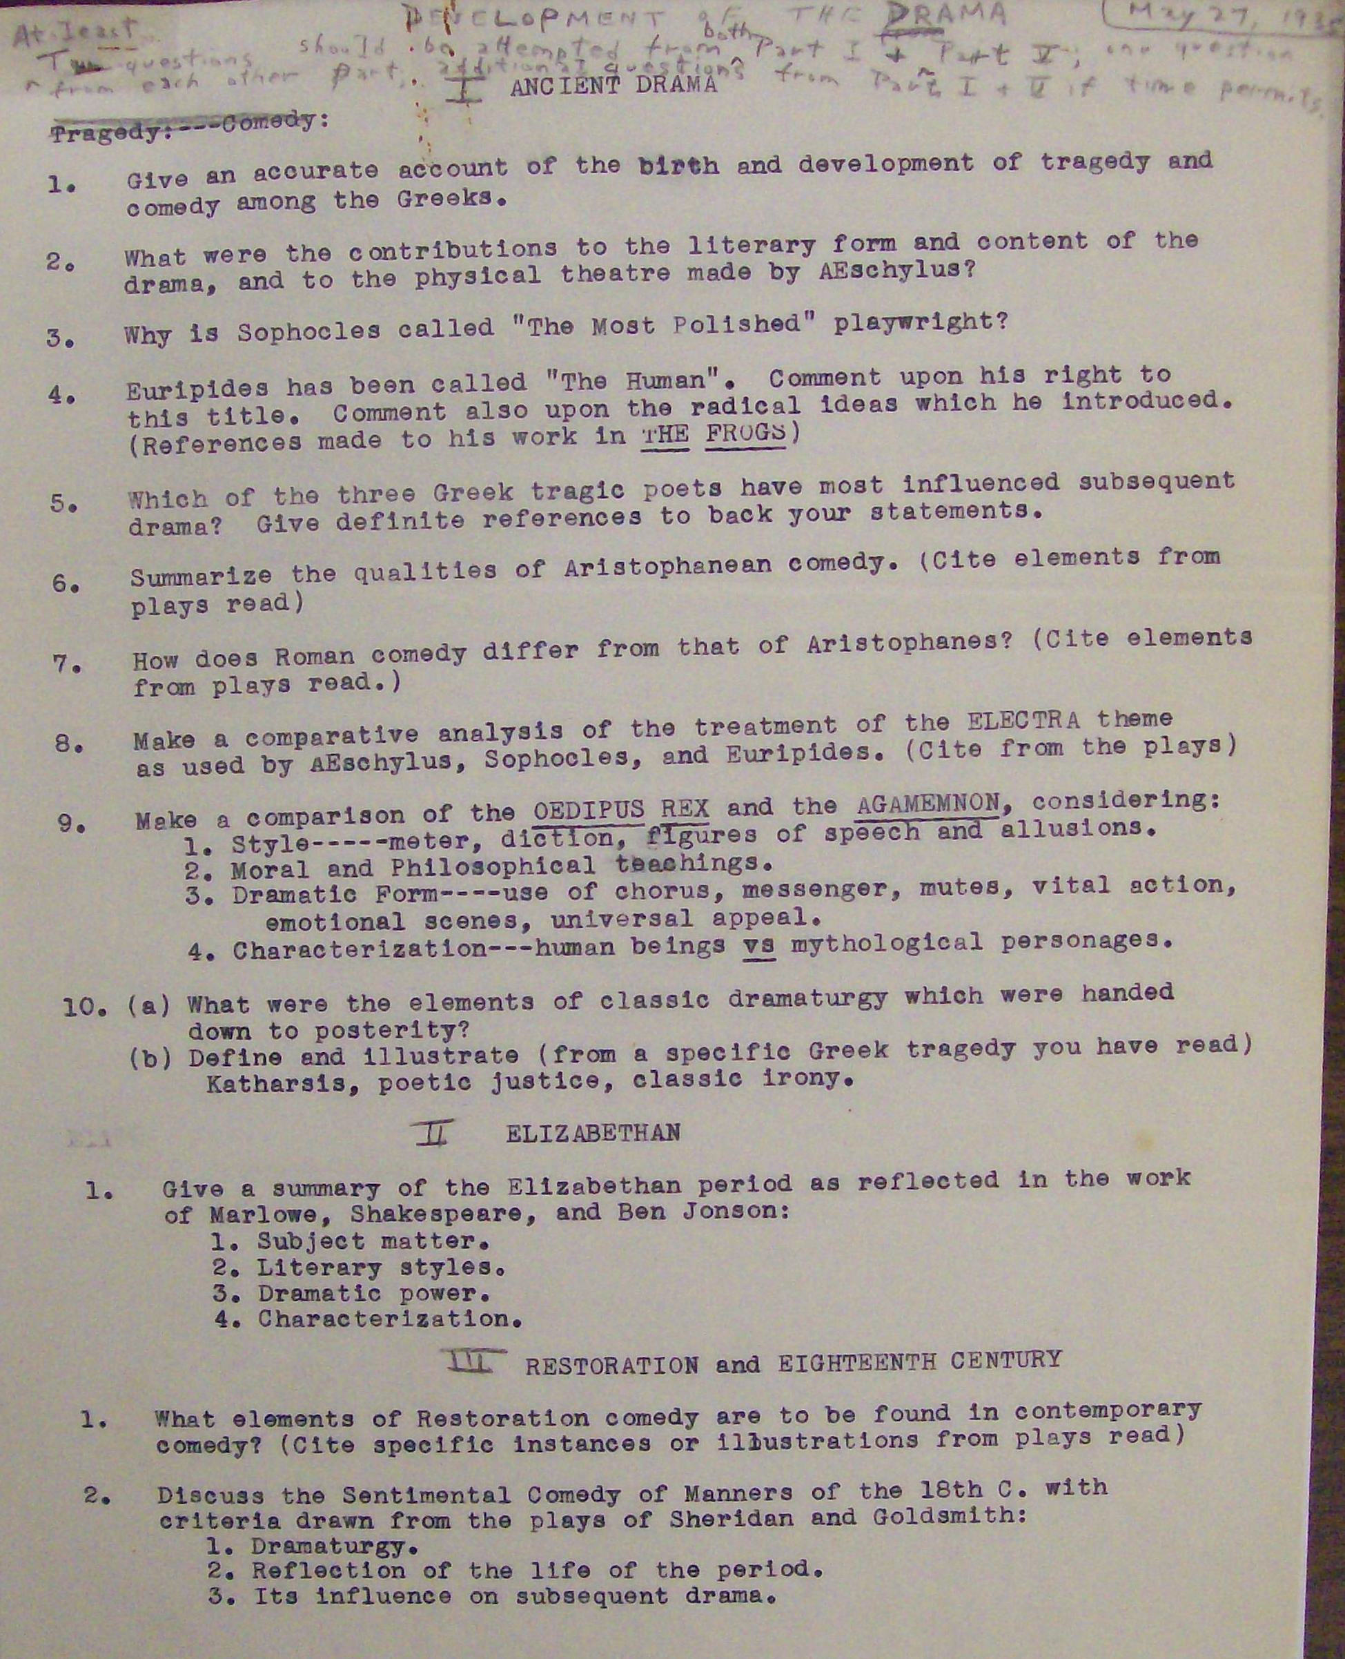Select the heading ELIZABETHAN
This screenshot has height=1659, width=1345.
593,1133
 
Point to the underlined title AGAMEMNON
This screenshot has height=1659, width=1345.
928,804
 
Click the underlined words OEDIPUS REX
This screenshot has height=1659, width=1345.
620,810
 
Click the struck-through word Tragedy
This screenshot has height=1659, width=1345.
106,133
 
